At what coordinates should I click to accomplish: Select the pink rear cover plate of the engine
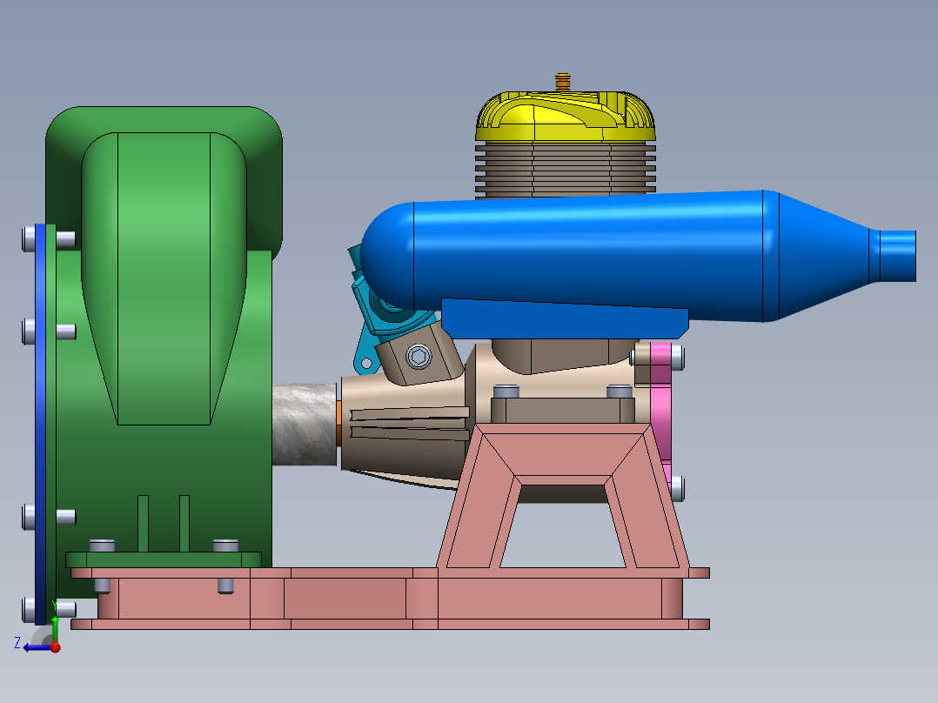coord(660,409)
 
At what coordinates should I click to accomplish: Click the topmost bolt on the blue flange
coord(30,236)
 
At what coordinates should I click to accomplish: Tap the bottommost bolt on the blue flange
coord(30,606)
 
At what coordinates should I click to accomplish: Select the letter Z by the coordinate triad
coord(17,642)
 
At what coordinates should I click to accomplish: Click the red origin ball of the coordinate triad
coord(55,646)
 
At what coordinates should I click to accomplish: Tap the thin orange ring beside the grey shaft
coord(338,425)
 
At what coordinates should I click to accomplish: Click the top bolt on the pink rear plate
coord(676,355)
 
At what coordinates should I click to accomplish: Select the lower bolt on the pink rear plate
coord(677,488)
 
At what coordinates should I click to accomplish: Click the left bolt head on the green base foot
coord(103,545)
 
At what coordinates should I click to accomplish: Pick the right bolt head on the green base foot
coord(225,545)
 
